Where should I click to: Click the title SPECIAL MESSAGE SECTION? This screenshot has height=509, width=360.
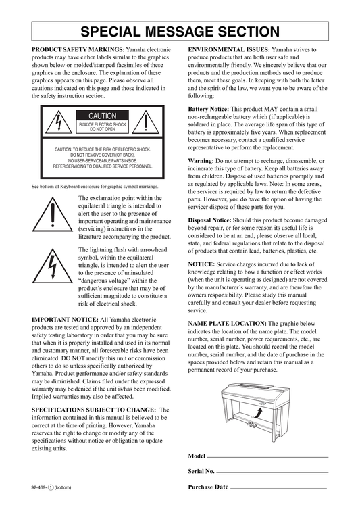[x=180, y=32]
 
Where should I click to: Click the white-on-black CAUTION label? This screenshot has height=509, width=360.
[x=103, y=116]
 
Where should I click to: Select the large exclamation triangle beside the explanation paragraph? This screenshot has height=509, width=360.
[x=53, y=214]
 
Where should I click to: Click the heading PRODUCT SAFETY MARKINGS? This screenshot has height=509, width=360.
[x=78, y=49]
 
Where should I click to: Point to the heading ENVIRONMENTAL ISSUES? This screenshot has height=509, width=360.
[x=229, y=49]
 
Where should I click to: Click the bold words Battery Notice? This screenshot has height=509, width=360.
[x=209, y=109]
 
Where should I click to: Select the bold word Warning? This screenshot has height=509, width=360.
[x=201, y=161]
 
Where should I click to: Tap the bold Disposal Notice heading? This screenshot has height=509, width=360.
[x=210, y=220]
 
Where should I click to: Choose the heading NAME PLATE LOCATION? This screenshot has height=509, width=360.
[x=228, y=324]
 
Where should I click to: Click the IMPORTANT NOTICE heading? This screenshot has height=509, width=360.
[x=65, y=320]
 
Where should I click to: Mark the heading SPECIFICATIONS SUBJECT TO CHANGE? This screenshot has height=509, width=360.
[x=94, y=410]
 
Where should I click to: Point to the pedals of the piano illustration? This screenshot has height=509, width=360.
[x=251, y=425]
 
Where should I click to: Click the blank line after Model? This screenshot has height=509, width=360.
[x=268, y=457]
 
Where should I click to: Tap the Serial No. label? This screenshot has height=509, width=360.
[x=201, y=471]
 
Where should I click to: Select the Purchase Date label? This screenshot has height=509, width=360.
[x=208, y=487]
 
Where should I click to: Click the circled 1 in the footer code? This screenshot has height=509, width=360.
[x=51, y=487]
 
